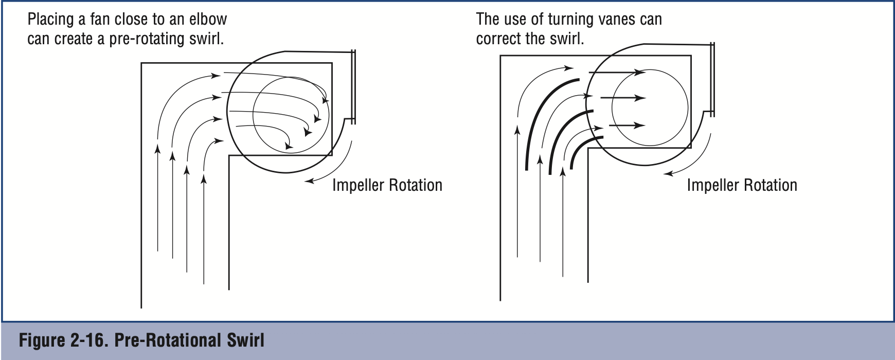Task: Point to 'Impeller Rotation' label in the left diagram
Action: (x=387, y=185)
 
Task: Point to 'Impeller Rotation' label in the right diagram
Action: (x=742, y=185)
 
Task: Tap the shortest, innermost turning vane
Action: (x=581, y=149)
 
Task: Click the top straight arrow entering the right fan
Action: (x=617, y=73)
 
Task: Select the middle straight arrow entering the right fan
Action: (x=622, y=98)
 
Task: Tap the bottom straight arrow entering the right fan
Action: (x=626, y=125)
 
